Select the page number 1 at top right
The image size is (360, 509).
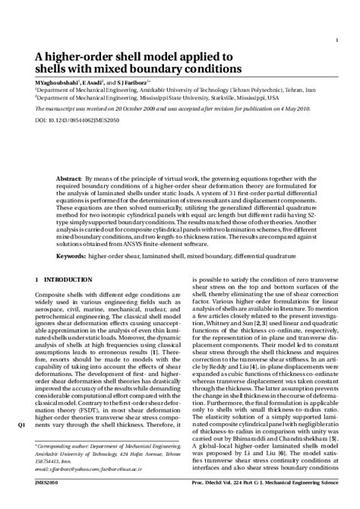pyautogui.click(x=336, y=40)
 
